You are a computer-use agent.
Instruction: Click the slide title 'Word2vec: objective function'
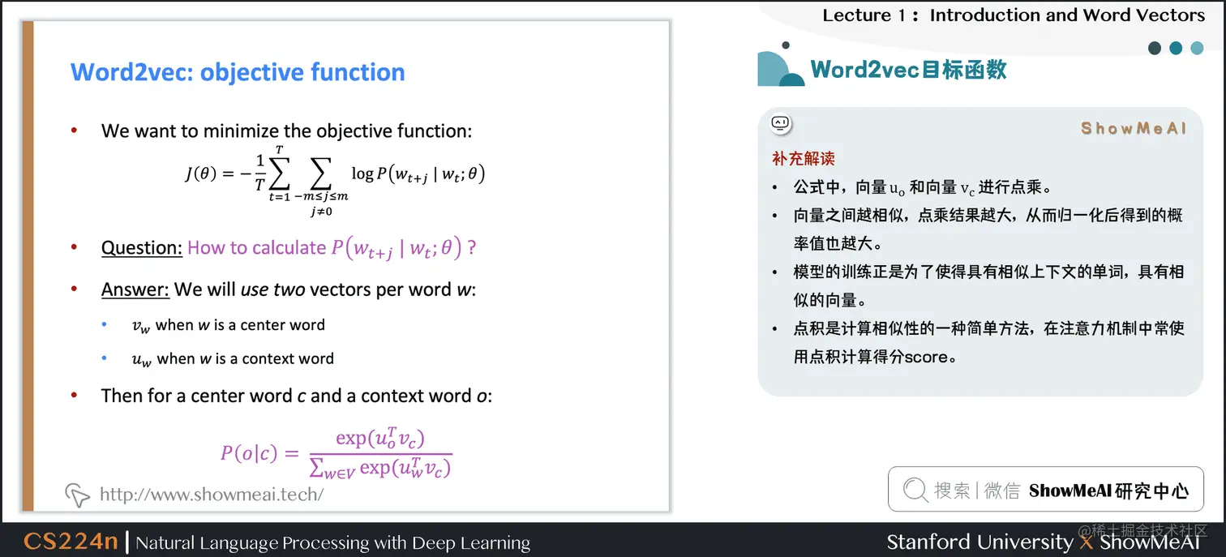point(238,72)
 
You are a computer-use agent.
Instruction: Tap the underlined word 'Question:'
point(141,247)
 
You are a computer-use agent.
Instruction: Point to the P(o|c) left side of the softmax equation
point(249,452)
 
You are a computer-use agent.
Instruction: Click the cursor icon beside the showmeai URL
point(77,494)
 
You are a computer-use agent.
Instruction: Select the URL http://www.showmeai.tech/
point(212,494)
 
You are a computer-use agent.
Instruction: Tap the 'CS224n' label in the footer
point(71,542)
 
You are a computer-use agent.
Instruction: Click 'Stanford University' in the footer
point(979,542)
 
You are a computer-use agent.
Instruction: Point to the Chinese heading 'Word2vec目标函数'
point(908,69)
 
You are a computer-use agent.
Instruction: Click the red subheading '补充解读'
point(803,158)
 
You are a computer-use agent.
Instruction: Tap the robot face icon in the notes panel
point(780,124)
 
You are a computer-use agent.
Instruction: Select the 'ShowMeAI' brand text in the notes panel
point(1133,128)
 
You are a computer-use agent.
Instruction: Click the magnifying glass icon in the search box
point(915,489)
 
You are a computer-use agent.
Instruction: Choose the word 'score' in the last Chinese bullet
point(930,357)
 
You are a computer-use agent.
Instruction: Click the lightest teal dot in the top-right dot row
point(1197,49)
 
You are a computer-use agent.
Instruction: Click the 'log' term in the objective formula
point(362,173)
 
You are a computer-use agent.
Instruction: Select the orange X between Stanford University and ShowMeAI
point(1087,542)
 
